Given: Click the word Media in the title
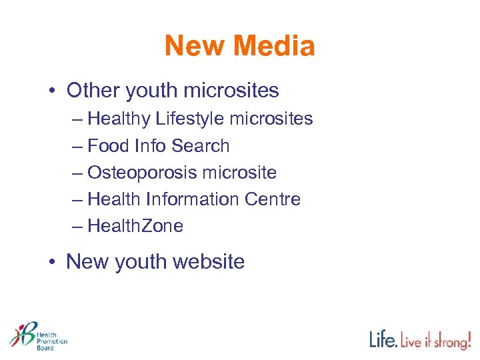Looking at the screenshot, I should (274, 47).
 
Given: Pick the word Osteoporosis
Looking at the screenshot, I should (141, 173).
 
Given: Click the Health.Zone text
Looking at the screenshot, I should (135, 226).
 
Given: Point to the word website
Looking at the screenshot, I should (208, 262).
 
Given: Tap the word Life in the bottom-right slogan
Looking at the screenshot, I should (384, 340).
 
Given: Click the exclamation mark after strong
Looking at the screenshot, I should (469, 339).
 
